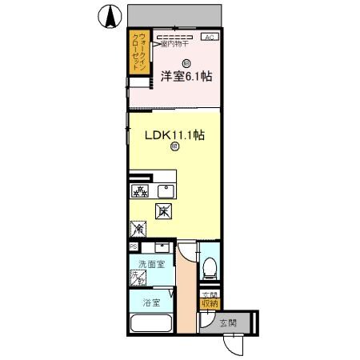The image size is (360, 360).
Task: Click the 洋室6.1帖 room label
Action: coord(186,77)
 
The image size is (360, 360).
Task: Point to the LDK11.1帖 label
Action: coord(174,135)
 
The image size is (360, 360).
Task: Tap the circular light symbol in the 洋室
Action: coord(186,63)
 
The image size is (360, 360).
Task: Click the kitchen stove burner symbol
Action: coord(139,191)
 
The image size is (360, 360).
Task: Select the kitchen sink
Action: coord(166,190)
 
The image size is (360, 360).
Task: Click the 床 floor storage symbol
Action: coord(163,212)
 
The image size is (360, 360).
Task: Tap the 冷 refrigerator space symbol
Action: coord(138,230)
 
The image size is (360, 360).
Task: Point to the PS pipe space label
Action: coord(133,246)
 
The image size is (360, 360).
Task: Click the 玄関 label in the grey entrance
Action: coord(227,323)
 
